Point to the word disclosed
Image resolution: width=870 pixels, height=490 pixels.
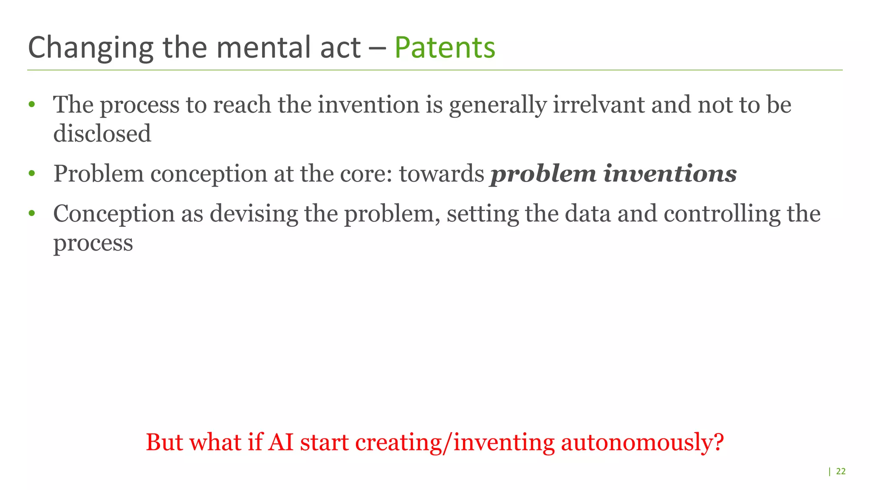point(102,134)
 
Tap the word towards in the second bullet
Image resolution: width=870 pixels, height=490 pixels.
point(441,174)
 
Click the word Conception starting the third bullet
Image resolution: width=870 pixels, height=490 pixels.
point(114,214)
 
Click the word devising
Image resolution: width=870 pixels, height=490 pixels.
point(254,214)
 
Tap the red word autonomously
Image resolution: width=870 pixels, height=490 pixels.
point(642,443)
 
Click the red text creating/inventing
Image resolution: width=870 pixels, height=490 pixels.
point(455,443)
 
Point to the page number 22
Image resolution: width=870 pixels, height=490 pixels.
point(841,471)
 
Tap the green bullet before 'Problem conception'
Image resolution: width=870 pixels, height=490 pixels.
point(31,174)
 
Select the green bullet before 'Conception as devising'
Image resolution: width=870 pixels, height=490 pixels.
point(31,214)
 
